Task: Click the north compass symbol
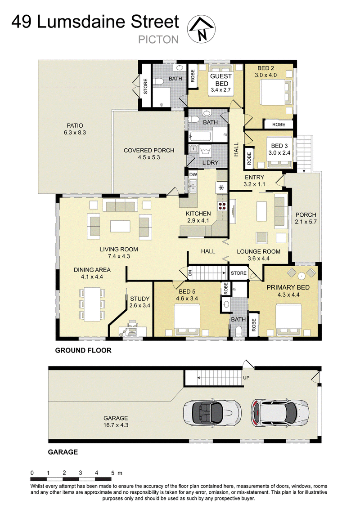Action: pos(201,29)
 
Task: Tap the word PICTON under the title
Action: pos(158,40)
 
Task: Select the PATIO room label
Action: pos(75,125)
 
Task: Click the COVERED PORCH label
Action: pos(149,150)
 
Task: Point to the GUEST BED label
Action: pos(221,80)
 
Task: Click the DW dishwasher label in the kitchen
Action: pos(193,174)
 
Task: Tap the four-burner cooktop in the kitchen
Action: pos(223,205)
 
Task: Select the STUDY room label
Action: pos(139,299)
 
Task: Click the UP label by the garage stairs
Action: pos(246,378)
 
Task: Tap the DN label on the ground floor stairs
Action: pos(190,273)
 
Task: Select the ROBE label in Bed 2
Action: pos(279,125)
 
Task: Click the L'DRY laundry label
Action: pos(210,162)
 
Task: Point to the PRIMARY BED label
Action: pos(288,287)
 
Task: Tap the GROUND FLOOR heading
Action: pos(83,350)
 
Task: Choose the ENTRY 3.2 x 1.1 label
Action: pos(254,181)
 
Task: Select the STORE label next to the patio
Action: pos(145,86)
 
